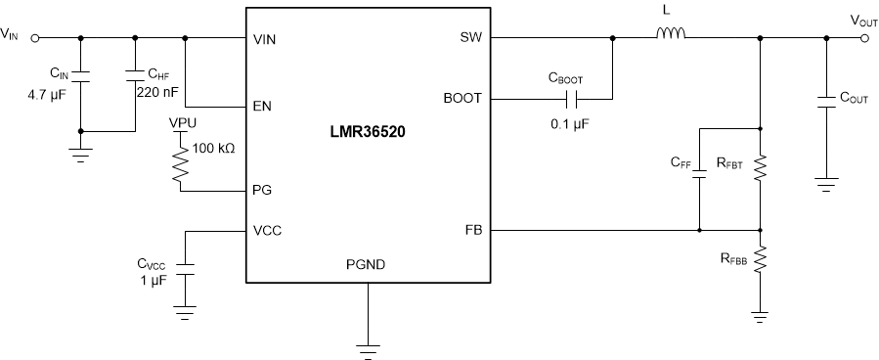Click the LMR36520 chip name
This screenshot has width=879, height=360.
(368, 134)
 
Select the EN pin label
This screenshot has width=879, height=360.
(261, 106)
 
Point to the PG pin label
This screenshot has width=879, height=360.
(261, 192)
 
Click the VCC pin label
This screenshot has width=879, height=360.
(266, 231)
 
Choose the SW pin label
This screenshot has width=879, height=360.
(470, 39)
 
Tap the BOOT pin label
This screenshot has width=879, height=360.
(462, 98)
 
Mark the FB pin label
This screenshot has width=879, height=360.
(472, 231)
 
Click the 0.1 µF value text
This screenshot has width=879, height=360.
(572, 125)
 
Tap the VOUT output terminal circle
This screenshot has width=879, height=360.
(864, 39)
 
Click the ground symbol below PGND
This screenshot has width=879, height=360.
(368, 344)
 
